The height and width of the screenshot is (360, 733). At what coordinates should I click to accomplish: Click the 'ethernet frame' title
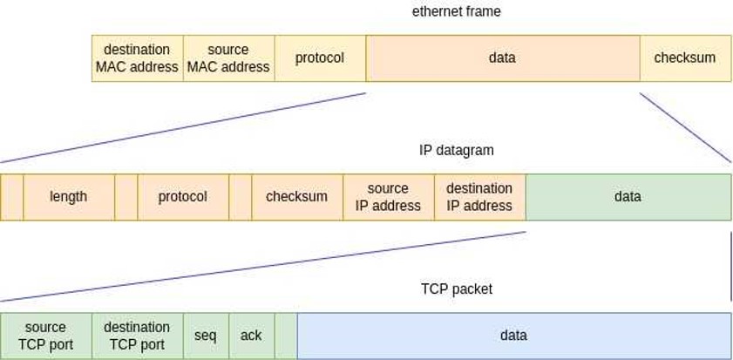pyautogui.click(x=456, y=11)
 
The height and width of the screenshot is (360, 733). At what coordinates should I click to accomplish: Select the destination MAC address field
pyautogui.click(x=137, y=58)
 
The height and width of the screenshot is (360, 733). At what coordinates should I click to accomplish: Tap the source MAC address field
pyautogui.click(x=228, y=58)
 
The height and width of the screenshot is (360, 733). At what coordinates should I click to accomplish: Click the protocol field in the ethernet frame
pyautogui.click(x=319, y=58)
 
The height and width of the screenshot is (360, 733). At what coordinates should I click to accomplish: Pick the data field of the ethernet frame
pyautogui.click(x=503, y=58)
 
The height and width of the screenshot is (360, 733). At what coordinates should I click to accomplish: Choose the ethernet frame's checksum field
pyautogui.click(x=685, y=58)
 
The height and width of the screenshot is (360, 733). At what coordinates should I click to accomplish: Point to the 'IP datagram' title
pyautogui.click(x=456, y=150)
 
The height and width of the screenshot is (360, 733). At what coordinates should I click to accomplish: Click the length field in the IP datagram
pyautogui.click(x=69, y=197)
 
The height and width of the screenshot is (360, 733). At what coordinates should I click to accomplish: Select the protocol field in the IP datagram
pyautogui.click(x=183, y=197)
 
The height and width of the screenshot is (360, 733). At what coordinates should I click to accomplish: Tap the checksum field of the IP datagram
pyautogui.click(x=297, y=197)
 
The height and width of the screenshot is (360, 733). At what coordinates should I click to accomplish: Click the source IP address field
pyautogui.click(x=388, y=197)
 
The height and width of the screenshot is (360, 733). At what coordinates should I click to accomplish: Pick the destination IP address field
pyautogui.click(x=479, y=197)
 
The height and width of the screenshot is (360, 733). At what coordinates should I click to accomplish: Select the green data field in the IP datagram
pyautogui.click(x=628, y=197)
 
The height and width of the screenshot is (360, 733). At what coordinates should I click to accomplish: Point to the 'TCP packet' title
pyautogui.click(x=456, y=289)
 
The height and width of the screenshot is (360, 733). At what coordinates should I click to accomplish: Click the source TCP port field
pyautogui.click(x=45, y=336)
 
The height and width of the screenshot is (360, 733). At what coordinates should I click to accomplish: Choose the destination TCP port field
pyautogui.click(x=137, y=336)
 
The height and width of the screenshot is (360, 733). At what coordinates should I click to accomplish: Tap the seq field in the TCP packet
pyautogui.click(x=206, y=336)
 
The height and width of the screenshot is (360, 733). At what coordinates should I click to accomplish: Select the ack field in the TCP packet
pyautogui.click(x=251, y=336)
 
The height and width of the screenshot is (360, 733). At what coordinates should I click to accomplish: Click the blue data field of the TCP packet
pyautogui.click(x=513, y=336)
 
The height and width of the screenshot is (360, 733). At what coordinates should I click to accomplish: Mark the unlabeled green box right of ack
pyautogui.click(x=286, y=336)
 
